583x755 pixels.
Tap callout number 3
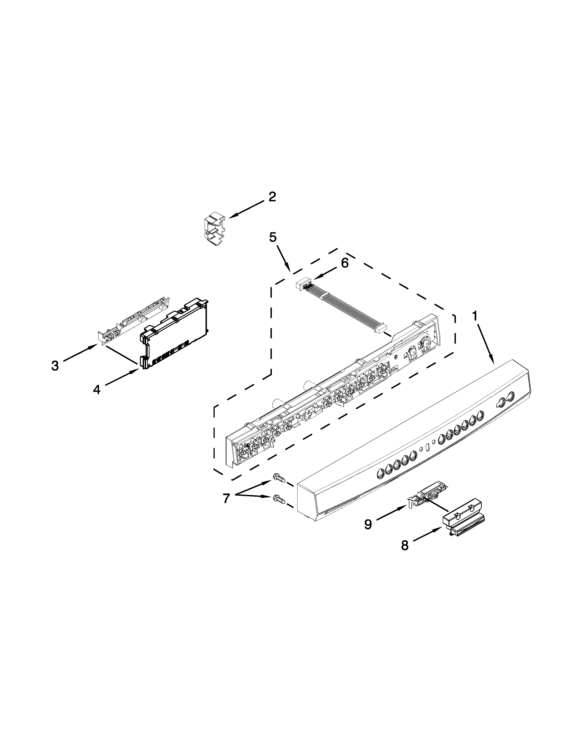(55, 365)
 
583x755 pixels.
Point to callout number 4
(97, 390)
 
